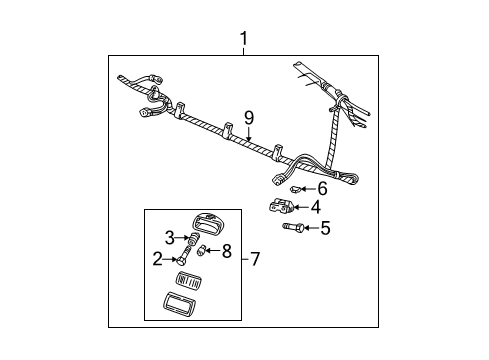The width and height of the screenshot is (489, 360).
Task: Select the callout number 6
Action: [x=322, y=188]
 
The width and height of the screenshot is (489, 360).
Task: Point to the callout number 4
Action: [x=316, y=208]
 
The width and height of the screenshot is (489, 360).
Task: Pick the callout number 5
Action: [x=324, y=229]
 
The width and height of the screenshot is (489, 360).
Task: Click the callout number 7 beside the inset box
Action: [x=256, y=258]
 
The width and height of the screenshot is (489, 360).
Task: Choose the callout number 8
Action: [x=226, y=250]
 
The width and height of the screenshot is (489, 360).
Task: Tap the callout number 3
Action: [x=169, y=236]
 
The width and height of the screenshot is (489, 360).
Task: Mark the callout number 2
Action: [x=158, y=258]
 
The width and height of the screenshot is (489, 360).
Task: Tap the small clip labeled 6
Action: [x=295, y=188]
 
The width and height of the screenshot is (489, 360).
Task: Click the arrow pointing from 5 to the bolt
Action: [x=308, y=229]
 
